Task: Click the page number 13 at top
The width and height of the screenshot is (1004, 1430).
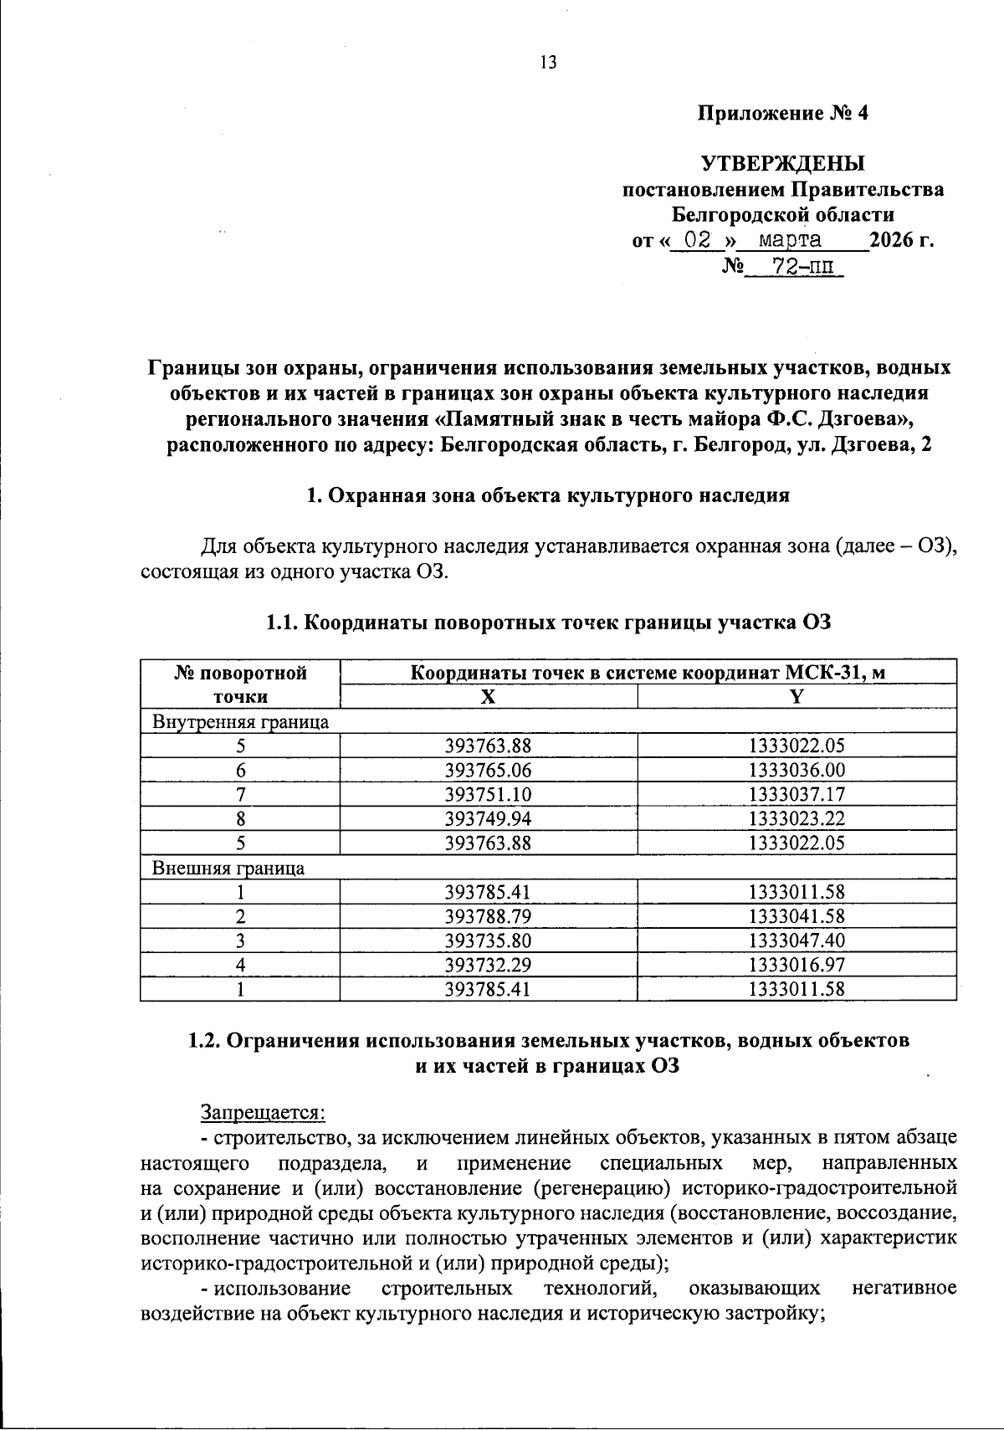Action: [548, 63]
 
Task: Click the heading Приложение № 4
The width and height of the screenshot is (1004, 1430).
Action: [783, 114]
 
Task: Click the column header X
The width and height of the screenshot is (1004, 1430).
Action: [489, 697]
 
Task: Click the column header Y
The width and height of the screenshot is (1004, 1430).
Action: [797, 697]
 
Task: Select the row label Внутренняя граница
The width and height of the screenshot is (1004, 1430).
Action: [240, 721]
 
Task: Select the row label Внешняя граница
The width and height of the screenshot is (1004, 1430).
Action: [228, 868]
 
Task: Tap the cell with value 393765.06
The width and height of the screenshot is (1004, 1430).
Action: [489, 770]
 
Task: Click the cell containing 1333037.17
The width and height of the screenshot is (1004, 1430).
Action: [797, 794]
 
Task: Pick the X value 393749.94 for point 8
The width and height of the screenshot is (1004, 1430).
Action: [489, 818]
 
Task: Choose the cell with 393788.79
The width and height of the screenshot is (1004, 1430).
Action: [489, 916]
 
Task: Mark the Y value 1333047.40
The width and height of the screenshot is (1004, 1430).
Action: [797, 941]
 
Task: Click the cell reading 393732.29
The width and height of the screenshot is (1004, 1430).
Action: [489, 965]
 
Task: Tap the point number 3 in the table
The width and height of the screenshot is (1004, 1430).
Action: [240, 941]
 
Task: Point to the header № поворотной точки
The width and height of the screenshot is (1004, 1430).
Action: [240, 684]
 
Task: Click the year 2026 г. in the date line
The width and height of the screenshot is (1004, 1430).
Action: [901, 241]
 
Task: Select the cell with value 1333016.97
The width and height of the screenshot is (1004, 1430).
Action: [797, 965]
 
